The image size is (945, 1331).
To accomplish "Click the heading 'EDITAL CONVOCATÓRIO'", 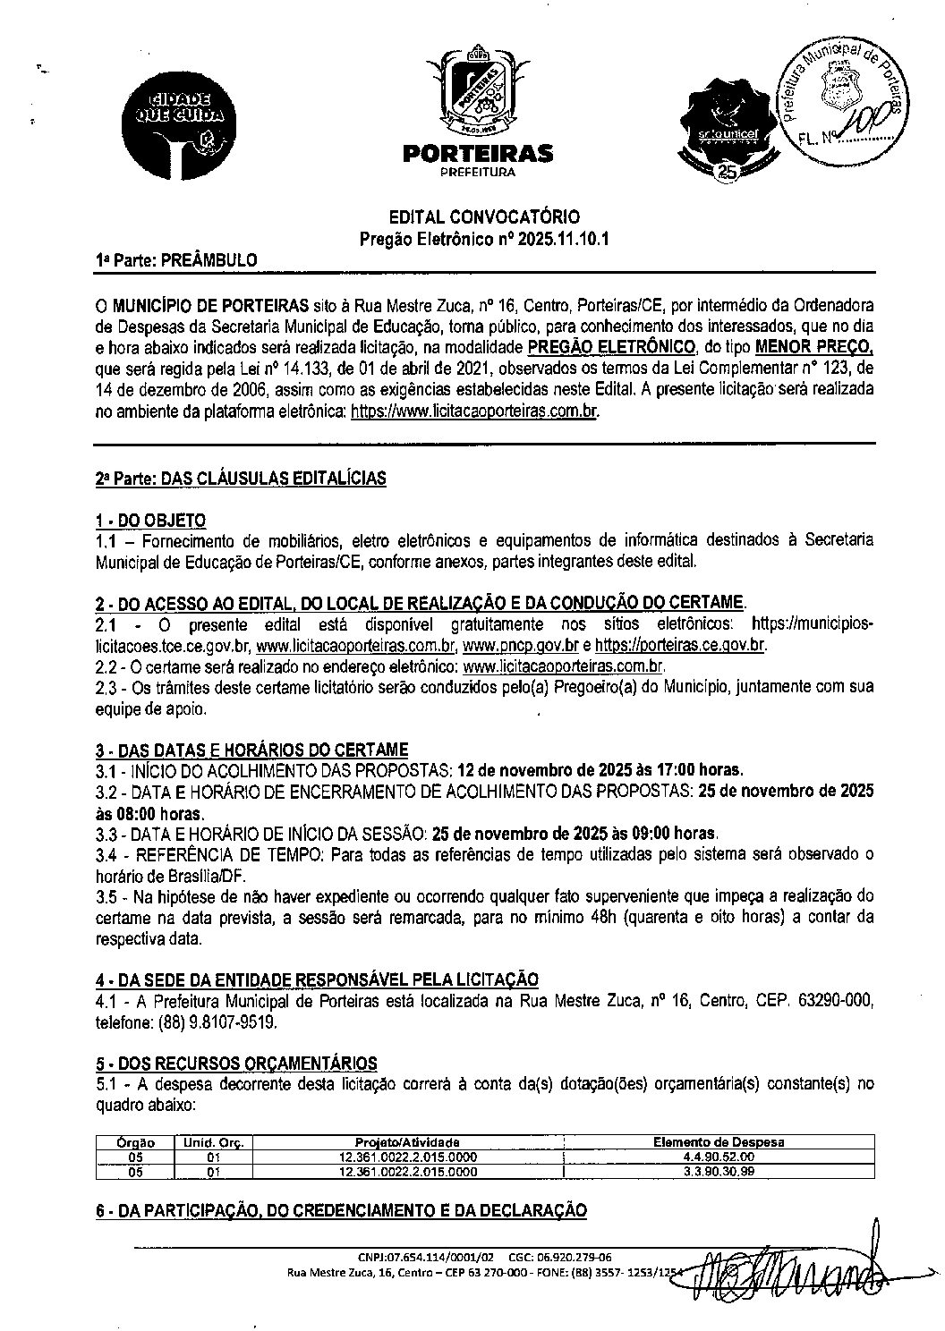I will click(x=482, y=217).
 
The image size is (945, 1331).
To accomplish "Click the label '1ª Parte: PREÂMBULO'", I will click(x=176, y=260).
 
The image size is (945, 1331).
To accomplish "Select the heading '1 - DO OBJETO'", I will click(x=150, y=521).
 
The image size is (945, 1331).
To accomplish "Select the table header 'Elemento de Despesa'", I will click(x=718, y=1142).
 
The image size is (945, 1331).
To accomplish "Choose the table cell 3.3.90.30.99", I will click(x=718, y=1171).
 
